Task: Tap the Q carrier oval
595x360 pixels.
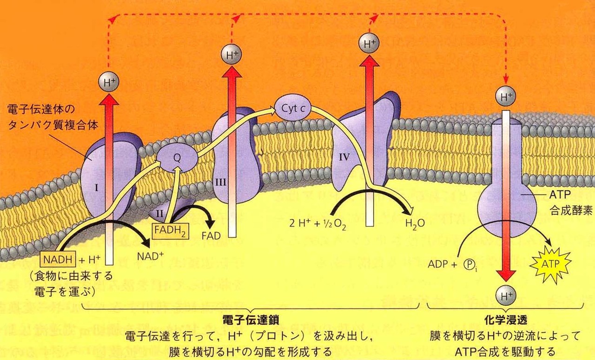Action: click(x=176, y=157)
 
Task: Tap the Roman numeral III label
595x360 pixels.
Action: click(x=221, y=182)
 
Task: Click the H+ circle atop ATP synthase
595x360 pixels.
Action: click(x=505, y=97)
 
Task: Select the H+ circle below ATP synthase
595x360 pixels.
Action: click(x=505, y=295)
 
